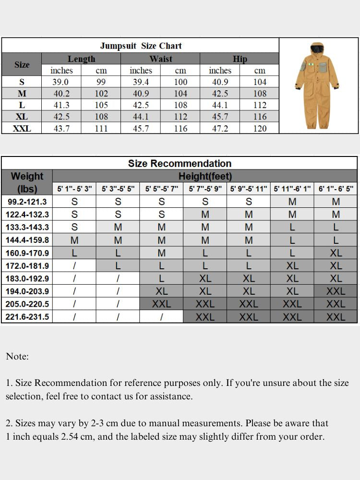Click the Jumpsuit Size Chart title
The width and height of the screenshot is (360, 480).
tap(141, 46)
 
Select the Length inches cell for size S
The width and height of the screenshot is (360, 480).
tap(61, 82)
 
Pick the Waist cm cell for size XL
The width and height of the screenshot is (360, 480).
tap(180, 117)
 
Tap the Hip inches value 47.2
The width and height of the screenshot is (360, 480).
tap(220, 128)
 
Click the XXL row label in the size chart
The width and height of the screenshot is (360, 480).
tap(22, 128)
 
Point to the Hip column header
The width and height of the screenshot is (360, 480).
tap(240, 59)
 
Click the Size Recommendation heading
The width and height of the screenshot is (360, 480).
tap(180, 163)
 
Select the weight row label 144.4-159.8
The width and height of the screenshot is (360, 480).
tap(27, 240)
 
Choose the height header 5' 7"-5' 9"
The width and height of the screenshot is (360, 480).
tap(205, 189)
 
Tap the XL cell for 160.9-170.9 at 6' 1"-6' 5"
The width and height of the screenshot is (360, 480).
tap(336, 253)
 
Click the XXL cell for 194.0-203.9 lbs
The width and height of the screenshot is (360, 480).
tap(336, 291)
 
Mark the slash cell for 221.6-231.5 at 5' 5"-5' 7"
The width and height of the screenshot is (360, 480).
tap(161, 317)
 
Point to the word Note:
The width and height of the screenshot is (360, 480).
tap(17, 357)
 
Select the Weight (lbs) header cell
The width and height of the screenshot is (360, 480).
tap(27, 182)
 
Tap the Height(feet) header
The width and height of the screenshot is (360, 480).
tap(205, 176)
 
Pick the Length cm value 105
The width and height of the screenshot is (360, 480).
tap(101, 105)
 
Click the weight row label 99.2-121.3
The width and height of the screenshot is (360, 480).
tap(27, 202)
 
